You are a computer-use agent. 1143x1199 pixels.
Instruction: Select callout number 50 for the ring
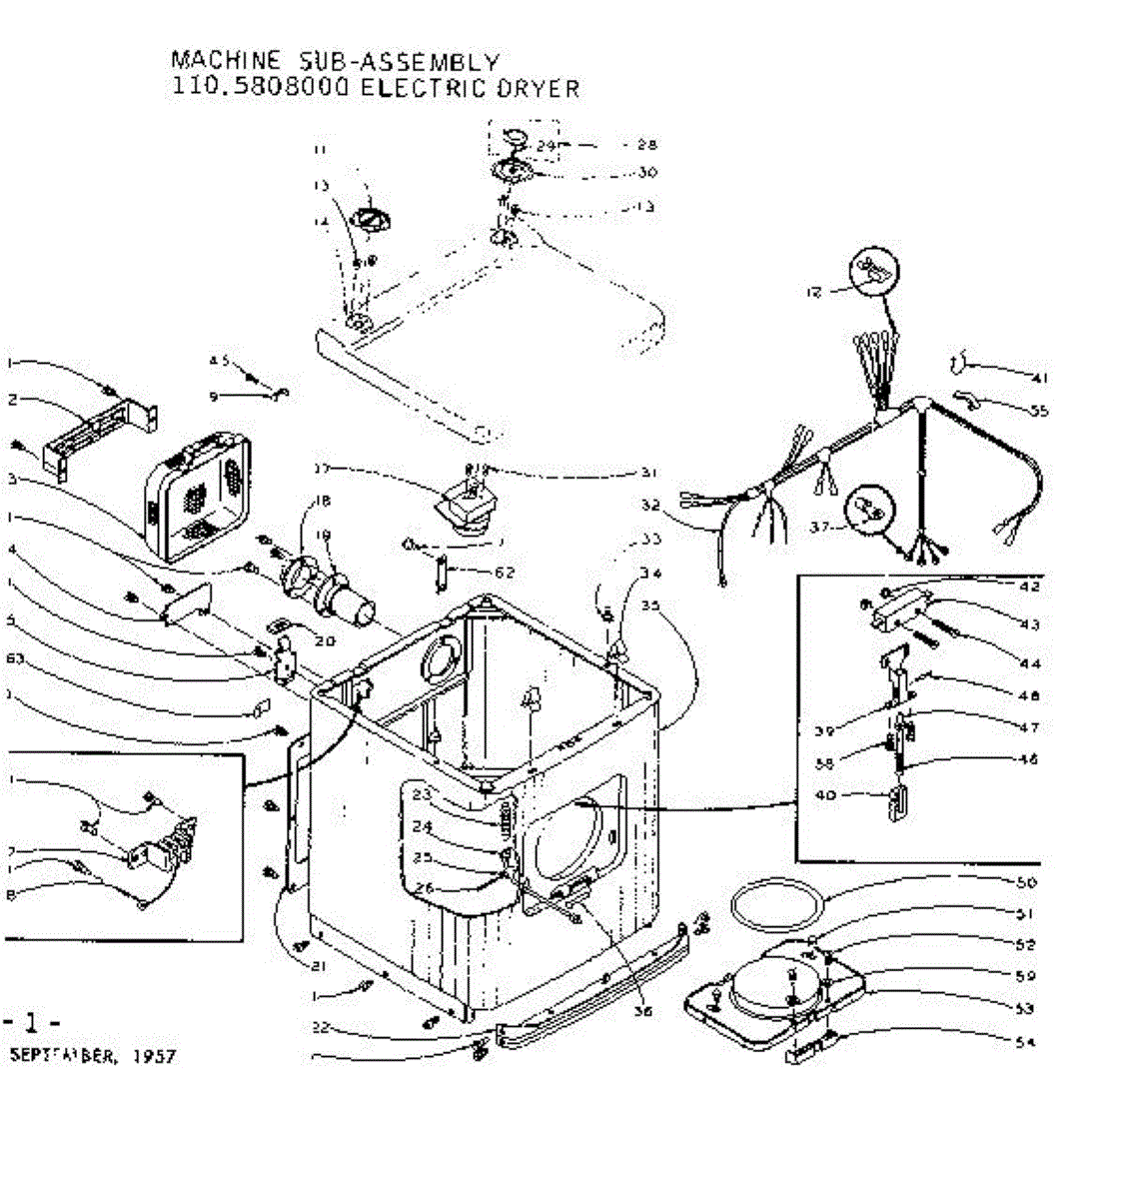[1026, 882]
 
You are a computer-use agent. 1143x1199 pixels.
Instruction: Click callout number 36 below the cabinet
[643, 1011]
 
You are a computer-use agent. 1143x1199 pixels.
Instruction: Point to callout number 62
[506, 573]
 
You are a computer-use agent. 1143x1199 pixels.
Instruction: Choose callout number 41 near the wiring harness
[1039, 378]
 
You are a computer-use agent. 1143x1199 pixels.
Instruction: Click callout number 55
[1039, 410]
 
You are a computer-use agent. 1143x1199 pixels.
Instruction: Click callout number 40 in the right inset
[824, 795]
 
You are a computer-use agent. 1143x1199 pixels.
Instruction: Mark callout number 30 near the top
[647, 172]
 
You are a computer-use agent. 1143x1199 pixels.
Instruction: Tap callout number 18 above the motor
[322, 501]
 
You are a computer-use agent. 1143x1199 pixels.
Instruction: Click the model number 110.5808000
[261, 88]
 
